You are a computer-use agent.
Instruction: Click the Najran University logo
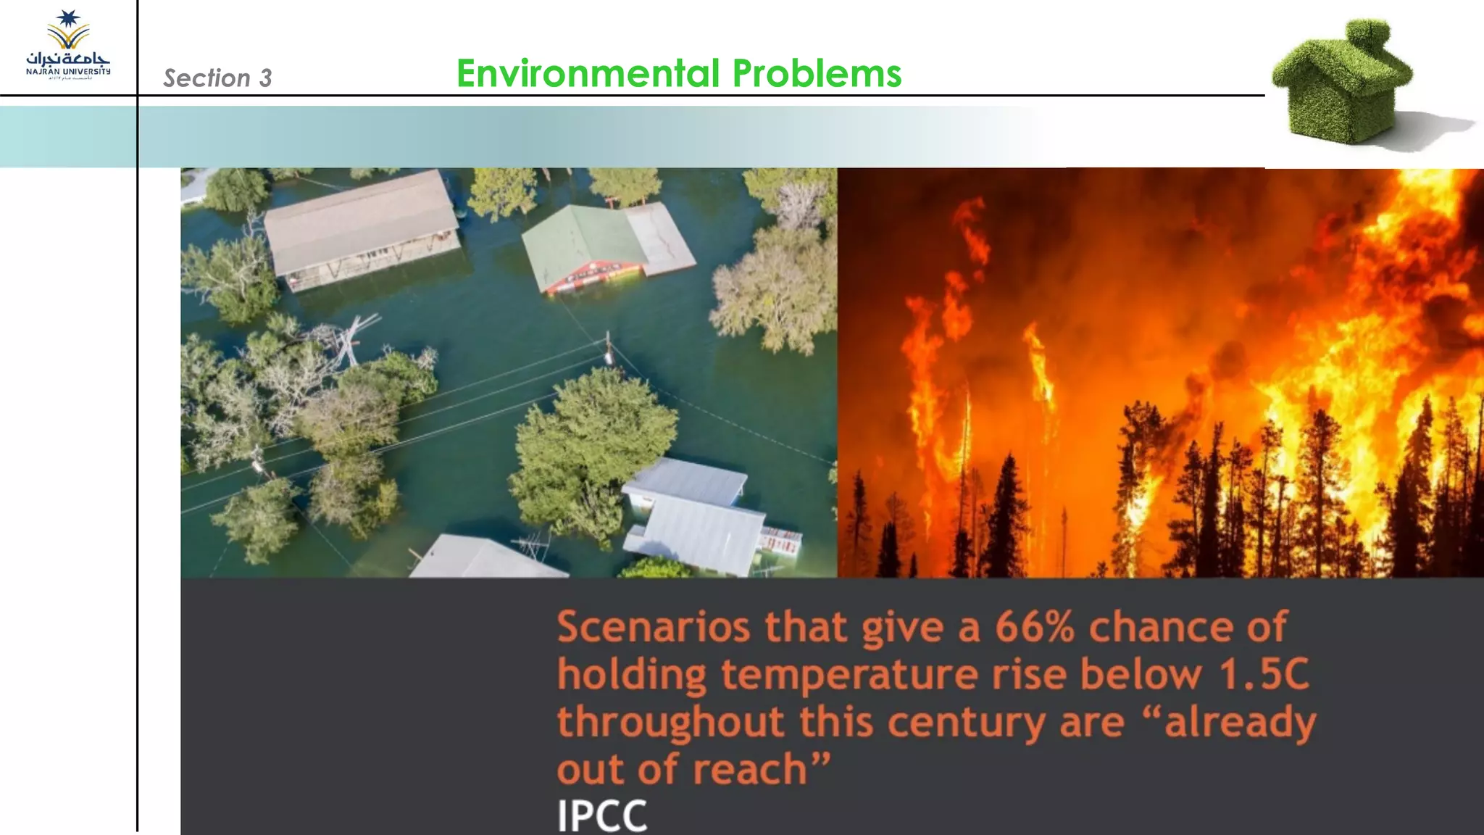click(x=68, y=46)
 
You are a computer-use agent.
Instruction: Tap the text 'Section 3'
click(x=217, y=78)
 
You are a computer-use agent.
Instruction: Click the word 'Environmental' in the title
click(x=588, y=73)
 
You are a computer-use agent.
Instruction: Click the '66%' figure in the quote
click(x=1034, y=627)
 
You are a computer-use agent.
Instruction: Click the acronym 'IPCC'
click(x=601, y=815)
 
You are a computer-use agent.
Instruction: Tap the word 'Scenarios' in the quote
click(x=653, y=627)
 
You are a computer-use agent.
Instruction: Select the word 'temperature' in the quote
click(x=849, y=676)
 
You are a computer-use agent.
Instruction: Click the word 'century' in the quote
click(x=967, y=723)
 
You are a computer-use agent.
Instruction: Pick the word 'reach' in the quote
click(x=750, y=770)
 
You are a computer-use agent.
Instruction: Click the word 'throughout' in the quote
click(x=671, y=723)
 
